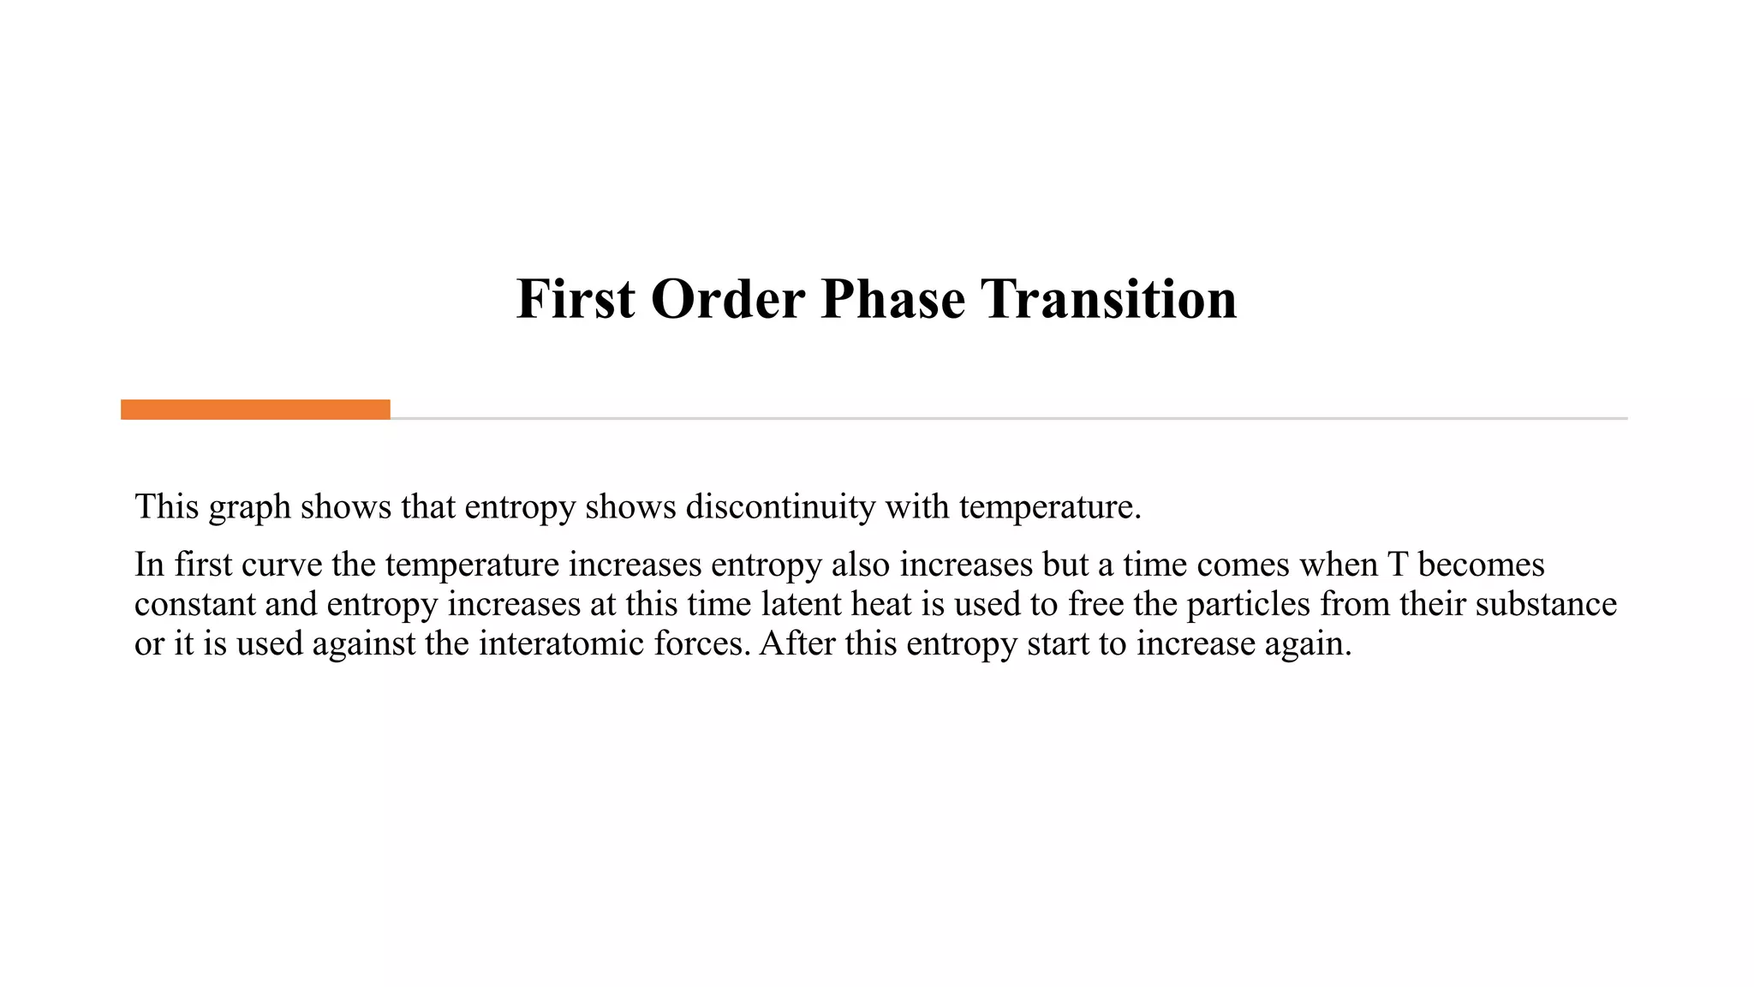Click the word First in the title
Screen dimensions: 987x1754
tap(576, 299)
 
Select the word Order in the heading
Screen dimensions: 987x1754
tap(727, 299)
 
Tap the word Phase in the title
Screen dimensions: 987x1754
tap(892, 299)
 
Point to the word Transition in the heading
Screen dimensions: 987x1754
tap(1108, 299)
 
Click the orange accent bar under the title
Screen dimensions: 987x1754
tap(255, 410)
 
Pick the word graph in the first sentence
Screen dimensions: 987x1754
tap(249, 508)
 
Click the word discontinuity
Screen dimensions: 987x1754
tap(779, 506)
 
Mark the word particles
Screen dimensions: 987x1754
tap(1248, 604)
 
